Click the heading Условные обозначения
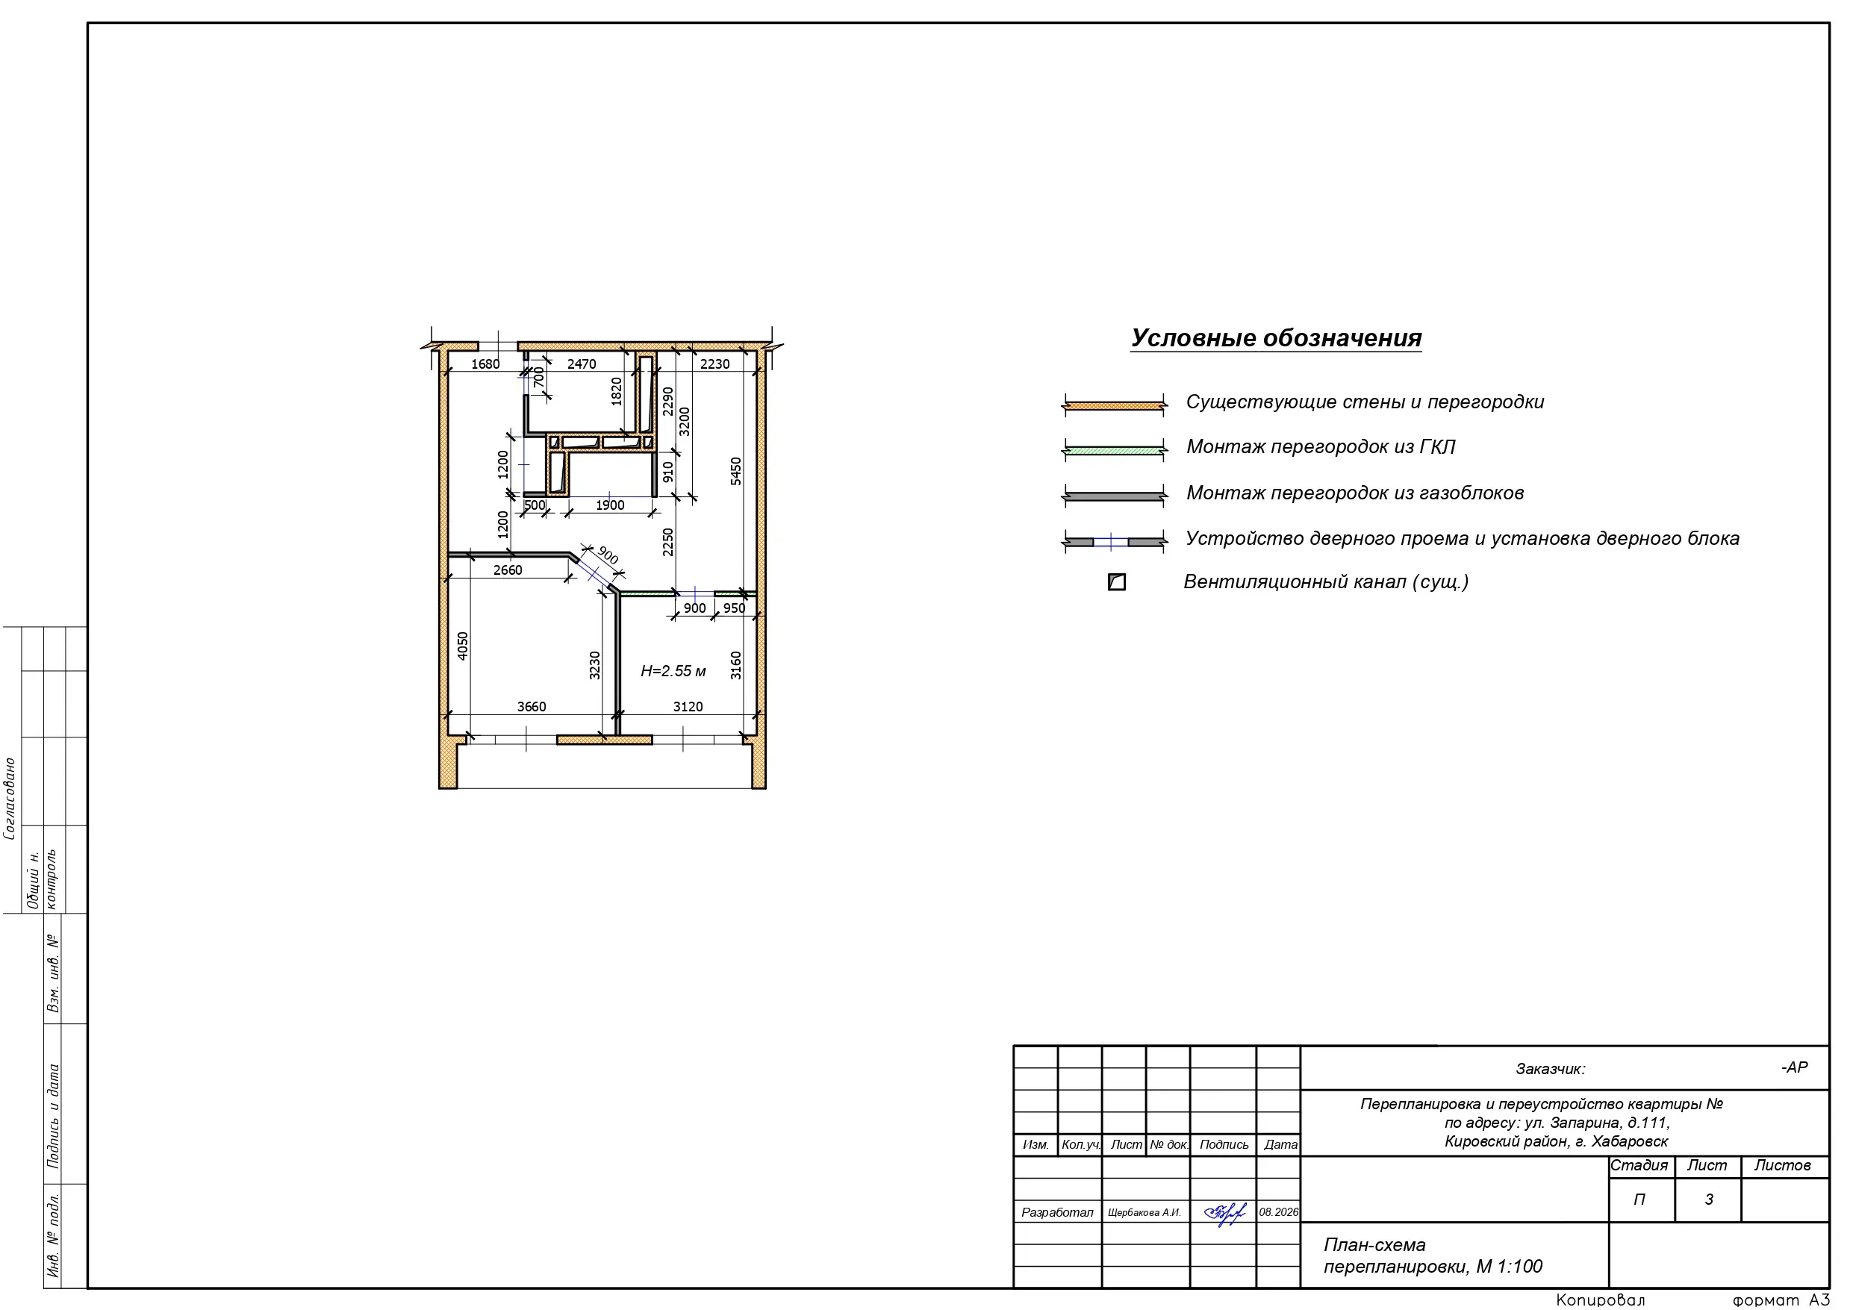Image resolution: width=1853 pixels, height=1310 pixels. click(1276, 338)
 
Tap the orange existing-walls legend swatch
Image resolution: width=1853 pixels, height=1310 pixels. click(1115, 405)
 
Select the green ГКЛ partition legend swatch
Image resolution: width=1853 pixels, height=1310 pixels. click(1115, 450)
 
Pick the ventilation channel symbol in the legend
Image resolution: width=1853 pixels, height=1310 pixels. click(1117, 582)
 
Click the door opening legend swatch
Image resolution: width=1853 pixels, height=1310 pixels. click(1115, 542)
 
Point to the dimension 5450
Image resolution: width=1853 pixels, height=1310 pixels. click(736, 471)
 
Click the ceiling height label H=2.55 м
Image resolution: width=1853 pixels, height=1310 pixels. click(673, 672)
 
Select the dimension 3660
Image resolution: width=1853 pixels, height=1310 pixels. click(531, 707)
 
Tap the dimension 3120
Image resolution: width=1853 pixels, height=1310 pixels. click(688, 707)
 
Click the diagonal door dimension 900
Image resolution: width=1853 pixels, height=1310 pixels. click(608, 555)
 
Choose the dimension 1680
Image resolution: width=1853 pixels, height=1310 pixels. click(485, 365)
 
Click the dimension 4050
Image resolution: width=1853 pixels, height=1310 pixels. click(462, 646)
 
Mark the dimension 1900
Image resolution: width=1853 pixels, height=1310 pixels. click(610, 506)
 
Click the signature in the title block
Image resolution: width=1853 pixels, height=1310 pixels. click(1224, 1213)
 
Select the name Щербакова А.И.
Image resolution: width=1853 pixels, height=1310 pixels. click(1144, 1213)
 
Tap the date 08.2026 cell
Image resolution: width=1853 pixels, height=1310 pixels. click(1279, 1212)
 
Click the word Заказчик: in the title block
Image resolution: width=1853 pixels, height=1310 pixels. click(1551, 1070)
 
